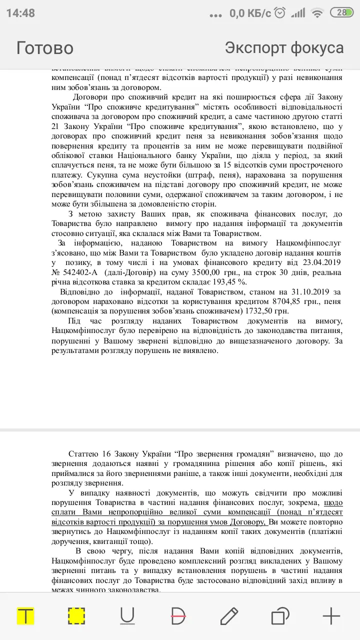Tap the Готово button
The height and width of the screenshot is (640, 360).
click(x=45, y=48)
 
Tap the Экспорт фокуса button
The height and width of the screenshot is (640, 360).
click(x=284, y=48)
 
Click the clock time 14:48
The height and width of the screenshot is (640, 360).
click(x=20, y=13)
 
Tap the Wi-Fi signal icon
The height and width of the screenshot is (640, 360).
click(x=317, y=13)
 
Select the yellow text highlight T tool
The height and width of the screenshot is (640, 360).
click(x=25, y=616)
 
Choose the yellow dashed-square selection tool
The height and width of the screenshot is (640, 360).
click(x=76, y=616)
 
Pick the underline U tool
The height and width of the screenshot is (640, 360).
click(x=127, y=616)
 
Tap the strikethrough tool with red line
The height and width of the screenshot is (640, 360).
click(x=178, y=616)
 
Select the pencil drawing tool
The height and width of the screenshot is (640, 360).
click(x=229, y=616)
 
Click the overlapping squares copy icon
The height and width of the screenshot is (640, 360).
click(x=280, y=616)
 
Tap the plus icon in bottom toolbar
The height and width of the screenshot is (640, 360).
click(x=331, y=616)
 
